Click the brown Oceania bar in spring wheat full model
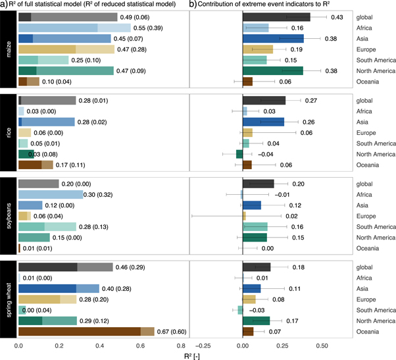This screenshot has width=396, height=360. tap(86, 331)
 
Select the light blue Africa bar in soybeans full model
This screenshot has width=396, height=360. tap(51, 194)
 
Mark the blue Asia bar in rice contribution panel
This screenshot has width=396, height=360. tap(263, 122)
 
